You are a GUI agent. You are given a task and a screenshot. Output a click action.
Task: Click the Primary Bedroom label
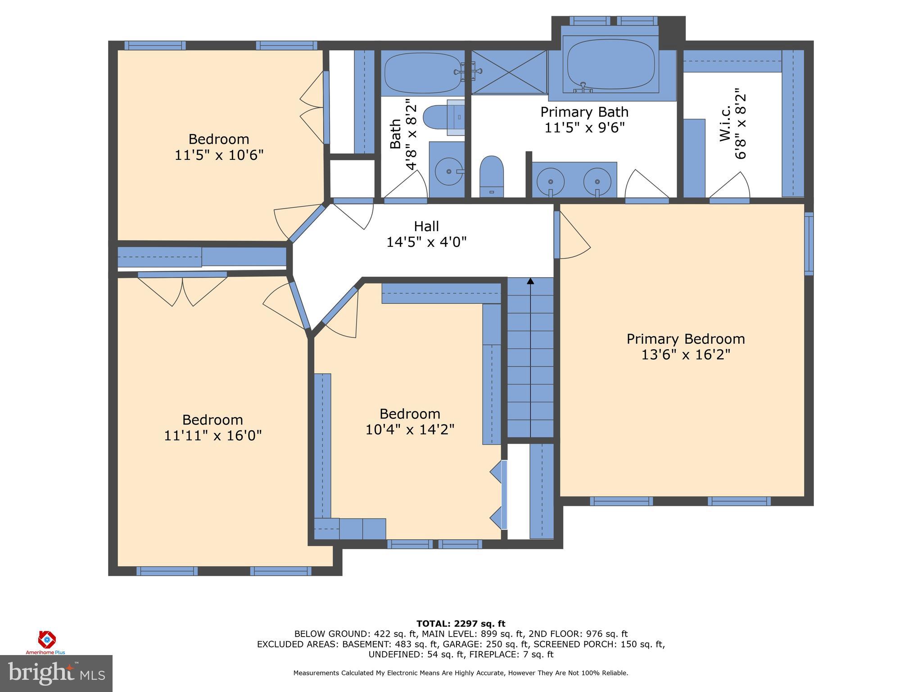point(686,339)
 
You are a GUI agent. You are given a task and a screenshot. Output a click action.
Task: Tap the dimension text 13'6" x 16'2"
point(686,355)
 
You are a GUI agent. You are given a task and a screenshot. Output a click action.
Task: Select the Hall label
point(426,226)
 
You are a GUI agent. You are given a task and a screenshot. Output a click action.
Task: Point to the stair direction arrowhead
point(530,281)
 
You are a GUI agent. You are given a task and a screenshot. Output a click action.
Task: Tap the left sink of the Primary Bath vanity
point(551,181)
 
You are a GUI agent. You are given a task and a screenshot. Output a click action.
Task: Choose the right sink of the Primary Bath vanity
point(597,181)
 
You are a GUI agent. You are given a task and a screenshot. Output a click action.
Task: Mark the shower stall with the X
point(509,72)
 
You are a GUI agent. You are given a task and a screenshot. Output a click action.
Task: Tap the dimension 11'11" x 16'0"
point(212,436)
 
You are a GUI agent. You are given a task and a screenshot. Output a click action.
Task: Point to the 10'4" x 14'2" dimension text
point(410,429)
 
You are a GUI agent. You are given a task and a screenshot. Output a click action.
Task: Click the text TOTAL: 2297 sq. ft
point(461,624)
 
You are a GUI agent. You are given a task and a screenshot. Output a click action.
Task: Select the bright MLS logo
point(56,674)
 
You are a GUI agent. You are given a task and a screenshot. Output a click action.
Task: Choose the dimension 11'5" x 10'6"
point(219,155)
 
